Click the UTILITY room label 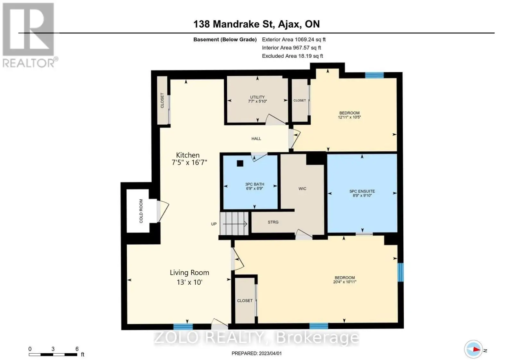257,97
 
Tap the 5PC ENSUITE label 362,191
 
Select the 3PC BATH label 255,184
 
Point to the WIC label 302,189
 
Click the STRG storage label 273,222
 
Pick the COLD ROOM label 141,211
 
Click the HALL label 256,138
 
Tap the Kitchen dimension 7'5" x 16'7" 189,162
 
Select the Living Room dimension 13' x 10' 189,282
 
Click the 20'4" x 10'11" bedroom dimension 345,282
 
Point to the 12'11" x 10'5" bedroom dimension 349,117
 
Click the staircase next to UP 234,223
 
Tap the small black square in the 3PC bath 240,163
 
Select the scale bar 53,355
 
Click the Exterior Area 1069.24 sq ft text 294,39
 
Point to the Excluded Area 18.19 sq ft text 292,56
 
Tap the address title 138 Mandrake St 234,24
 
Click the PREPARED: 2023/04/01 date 256,353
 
